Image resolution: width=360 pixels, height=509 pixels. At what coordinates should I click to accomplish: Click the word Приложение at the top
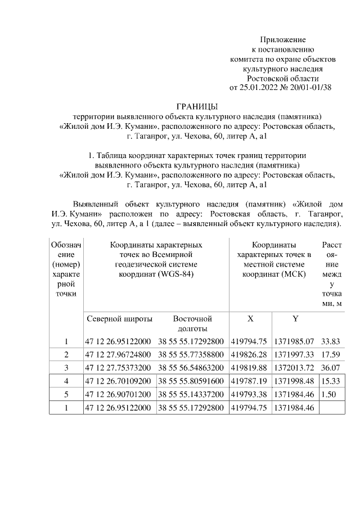click(282, 40)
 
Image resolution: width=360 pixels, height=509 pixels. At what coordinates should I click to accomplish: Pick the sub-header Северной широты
click(119, 319)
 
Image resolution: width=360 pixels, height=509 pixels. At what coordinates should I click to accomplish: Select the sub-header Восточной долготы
click(192, 323)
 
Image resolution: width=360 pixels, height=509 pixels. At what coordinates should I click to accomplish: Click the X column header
click(250, 319)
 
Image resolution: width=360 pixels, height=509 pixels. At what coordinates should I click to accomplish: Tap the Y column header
click(295, 319)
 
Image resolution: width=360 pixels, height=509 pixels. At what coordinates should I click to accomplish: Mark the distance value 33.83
click(331, 341)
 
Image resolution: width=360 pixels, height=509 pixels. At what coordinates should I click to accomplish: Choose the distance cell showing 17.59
click(331, 355)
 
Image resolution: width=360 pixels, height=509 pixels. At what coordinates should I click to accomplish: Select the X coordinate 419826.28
click(250, 355)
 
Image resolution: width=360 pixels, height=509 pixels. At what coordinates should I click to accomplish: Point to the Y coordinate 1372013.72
click(295, 368)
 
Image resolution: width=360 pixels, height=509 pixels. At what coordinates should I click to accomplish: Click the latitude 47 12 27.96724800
click(119, 355)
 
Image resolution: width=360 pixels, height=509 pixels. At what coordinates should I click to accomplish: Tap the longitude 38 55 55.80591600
click(192, 381)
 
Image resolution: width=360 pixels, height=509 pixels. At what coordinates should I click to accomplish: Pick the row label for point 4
click(66, 381)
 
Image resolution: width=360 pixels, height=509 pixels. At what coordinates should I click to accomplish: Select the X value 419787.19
click(250, 381)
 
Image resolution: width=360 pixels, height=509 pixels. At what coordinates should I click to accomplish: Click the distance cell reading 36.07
click(331, 368)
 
